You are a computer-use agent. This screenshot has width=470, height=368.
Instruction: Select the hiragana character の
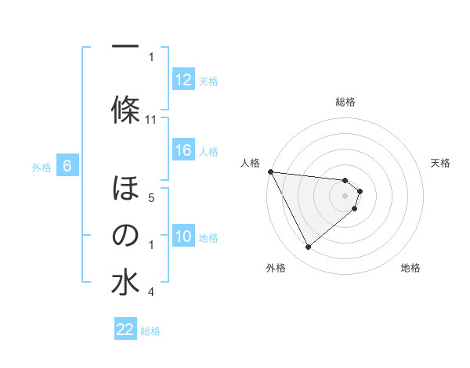tap(125, 235)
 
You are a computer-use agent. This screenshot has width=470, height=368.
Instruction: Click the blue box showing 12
tap(183, 80)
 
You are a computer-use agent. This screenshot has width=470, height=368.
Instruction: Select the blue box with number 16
tap(183, 151)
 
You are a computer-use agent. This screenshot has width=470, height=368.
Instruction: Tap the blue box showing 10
tap(183, 237)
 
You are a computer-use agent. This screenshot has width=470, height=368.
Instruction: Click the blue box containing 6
tap(67, 166)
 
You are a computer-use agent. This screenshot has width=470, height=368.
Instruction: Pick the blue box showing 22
tap(125, 330)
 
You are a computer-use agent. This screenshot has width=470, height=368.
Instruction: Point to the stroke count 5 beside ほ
tap(151, 198)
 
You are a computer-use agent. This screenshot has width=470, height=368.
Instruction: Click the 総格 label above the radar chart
tap(345, 102)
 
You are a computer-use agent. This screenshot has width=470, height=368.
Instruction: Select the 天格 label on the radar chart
tap(440, 163)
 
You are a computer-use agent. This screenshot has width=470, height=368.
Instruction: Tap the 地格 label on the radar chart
tap(410, 268)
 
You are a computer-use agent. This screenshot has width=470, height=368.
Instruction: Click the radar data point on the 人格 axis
tap(270, 171)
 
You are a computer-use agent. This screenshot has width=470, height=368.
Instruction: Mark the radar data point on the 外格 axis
tap(308, 247)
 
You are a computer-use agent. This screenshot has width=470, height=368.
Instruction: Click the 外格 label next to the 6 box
tap(41, 167)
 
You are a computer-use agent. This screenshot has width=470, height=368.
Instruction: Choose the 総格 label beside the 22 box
tap(150, 331)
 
